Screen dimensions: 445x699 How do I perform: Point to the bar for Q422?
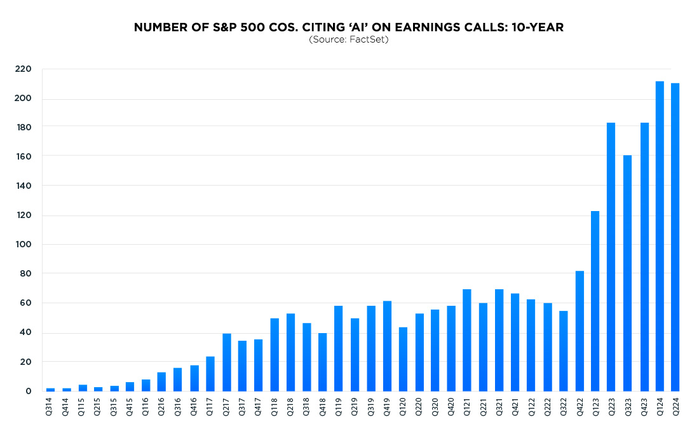tap(580, 331)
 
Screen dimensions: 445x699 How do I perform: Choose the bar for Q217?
tap(227, 362)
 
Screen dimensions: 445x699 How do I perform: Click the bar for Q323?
tap(627, 273)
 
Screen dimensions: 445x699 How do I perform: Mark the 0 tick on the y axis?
tap(28, 391)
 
